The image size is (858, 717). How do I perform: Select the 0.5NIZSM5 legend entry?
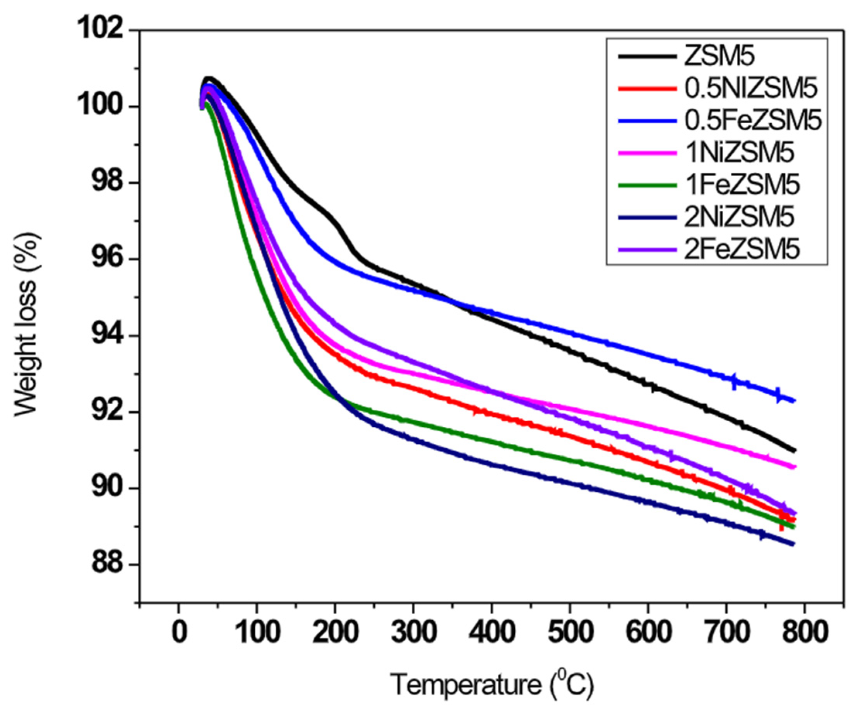pyautogui.click(x=751, y=89)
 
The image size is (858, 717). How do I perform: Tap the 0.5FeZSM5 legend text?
pyautogui.click(x=753, y=121)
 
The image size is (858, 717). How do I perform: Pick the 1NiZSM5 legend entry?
pyautogui.click(x=740, y=153)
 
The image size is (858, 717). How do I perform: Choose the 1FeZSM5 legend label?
pyautogui.click(x=742, y=185)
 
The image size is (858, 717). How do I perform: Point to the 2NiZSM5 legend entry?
pyautogui.click(x=740, y=217)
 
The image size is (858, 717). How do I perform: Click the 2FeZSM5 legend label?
pyautogui.click(x=742, y=249)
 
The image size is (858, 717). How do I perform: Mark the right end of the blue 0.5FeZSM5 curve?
pyautogui.click(x=793, y=401)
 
